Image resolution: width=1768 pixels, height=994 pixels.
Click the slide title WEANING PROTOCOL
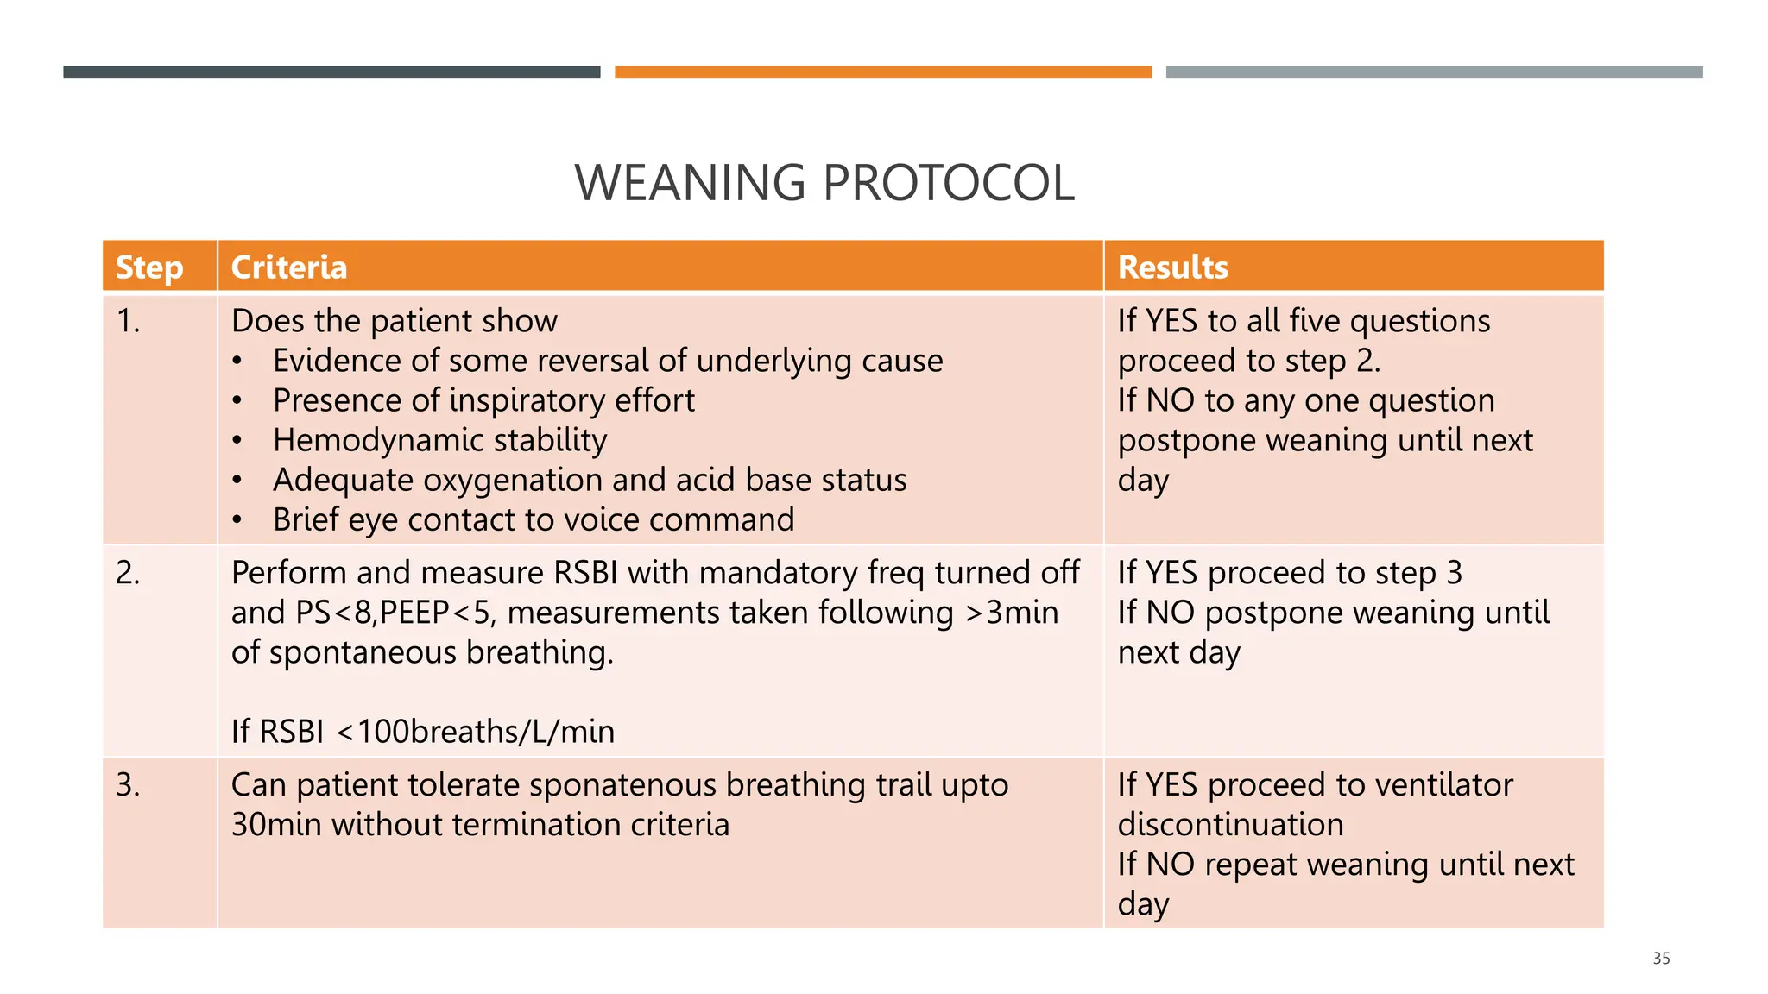(824, 183)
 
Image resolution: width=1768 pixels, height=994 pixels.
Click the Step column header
(149, 267)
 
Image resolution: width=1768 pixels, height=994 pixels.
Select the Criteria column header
(289, 267)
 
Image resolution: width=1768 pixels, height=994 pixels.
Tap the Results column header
(1172, 267)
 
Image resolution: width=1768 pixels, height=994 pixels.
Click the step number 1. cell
(129, 321)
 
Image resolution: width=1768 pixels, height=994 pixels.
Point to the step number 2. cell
(129, 573)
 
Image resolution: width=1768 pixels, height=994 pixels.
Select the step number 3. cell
(129, 785)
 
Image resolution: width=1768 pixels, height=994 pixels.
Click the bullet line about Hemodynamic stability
(439, 441)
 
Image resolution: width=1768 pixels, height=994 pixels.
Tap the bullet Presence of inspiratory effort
(483, 401)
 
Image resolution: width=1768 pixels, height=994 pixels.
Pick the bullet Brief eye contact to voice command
(533, 520)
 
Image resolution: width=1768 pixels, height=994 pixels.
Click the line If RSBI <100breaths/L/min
(423, 733)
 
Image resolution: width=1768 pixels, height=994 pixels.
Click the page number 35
(1661, 959)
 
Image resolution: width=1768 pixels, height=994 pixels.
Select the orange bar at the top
(882, 72)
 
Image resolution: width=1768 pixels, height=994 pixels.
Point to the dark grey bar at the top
(331, 72)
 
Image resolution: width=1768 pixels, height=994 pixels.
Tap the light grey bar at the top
(1434, 72)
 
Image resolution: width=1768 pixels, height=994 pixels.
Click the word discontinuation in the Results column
(1230, 825)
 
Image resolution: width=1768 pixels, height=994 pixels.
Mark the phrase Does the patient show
(395, 321)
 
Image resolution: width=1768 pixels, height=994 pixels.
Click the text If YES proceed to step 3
(1290, 573)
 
